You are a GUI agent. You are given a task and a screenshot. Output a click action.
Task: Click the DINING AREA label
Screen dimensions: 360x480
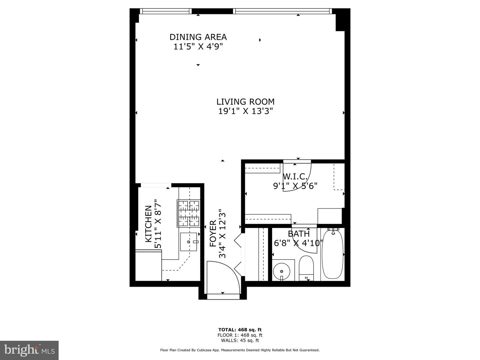(198, 37)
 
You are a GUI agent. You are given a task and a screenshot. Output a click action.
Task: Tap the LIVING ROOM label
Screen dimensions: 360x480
(245, 102)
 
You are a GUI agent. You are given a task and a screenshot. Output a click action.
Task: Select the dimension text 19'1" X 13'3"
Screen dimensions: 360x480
(245, 111)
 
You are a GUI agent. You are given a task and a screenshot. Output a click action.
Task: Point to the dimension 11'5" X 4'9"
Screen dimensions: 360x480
(198, 46)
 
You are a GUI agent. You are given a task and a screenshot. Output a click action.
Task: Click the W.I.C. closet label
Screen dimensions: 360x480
(295, 176)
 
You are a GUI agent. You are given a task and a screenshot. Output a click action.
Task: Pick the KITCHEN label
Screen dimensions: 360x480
(148, 224)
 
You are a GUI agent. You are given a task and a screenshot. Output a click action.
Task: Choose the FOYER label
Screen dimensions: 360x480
(213, 234)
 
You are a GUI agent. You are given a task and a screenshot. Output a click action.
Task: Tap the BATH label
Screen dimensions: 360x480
(299, 234)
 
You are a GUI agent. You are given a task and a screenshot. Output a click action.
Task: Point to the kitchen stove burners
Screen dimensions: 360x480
(188, 213)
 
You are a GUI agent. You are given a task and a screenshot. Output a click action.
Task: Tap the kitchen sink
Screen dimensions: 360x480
(188, 242)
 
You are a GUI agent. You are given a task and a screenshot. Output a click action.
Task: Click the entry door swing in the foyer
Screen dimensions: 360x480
(222, 277)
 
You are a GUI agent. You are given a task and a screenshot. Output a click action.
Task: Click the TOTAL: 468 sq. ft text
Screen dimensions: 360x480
(240, 330)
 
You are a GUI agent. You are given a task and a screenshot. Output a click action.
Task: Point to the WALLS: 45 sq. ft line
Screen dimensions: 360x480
(240, 340)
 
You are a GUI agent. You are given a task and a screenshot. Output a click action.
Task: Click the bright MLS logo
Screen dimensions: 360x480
(29, 350)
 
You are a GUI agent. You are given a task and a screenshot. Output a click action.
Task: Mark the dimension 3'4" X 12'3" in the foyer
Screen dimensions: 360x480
(222, 234)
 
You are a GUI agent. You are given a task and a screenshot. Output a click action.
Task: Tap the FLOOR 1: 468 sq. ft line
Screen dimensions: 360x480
(240, 335)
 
